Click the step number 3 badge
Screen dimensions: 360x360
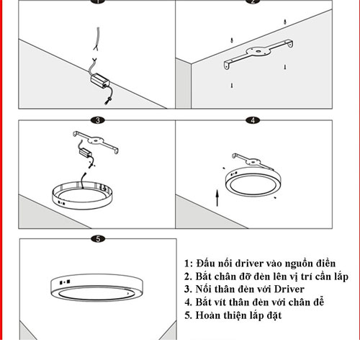98,120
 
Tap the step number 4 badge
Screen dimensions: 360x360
253,120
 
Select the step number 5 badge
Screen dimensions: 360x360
98,239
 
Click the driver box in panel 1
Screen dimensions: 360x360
100,80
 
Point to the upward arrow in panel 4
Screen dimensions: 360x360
217,198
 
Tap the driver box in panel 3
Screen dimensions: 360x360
86,152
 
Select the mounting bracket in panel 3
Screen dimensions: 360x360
96,142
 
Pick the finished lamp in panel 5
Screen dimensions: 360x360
97,287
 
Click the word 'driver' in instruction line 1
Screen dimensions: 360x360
249,264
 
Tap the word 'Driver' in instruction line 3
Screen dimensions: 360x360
289,289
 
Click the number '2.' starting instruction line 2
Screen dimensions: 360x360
189,276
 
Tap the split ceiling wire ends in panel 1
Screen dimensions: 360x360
96,48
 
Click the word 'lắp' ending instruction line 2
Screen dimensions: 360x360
341,277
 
